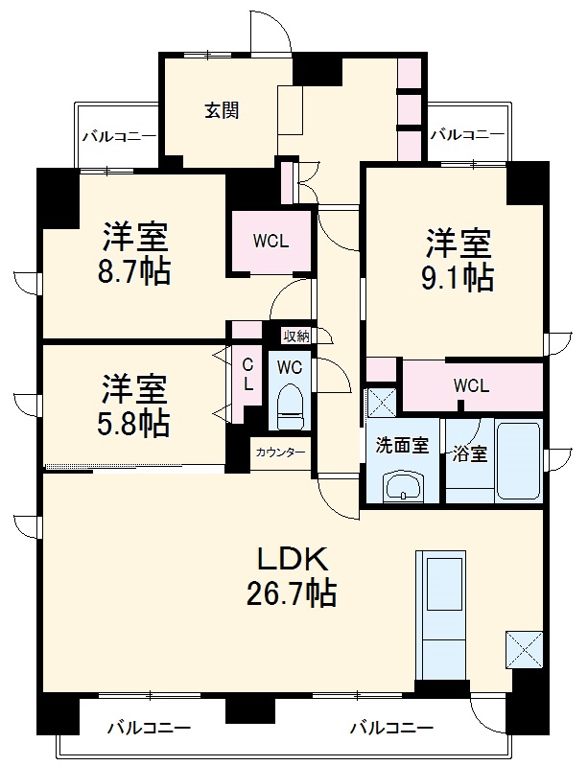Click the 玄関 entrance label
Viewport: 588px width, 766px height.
tap(221, 110)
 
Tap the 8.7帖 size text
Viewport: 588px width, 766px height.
tap(135, 271)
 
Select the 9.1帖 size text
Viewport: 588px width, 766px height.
tap(459, 276)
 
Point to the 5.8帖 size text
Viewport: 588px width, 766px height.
tap(135, 422)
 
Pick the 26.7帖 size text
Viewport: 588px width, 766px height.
tap(292, 594)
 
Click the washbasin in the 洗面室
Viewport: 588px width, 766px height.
tap(401, 486)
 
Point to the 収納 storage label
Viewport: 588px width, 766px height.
tap(295, 336)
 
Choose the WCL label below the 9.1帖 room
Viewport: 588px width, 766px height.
tap(471, 385)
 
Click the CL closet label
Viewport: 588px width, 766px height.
tap(247, 374)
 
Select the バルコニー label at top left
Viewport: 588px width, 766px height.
tap(119, 136)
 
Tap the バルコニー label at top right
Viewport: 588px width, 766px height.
tap(466, 134)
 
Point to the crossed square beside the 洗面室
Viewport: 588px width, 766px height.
tap(381, 400)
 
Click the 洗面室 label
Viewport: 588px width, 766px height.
tap(400, 445)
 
